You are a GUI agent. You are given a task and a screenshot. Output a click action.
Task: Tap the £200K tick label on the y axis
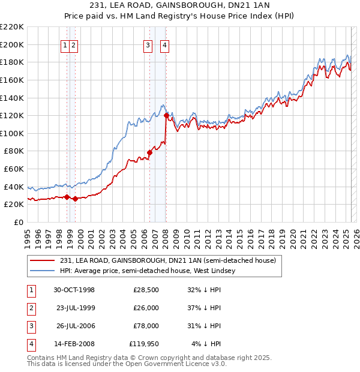tap(12, 44)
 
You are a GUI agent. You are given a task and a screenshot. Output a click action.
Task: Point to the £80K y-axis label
tap(14, 151)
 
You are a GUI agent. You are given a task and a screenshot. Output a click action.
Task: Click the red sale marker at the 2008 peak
tap(166, 115)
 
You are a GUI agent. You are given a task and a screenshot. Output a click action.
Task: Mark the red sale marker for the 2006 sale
tap(149, 152)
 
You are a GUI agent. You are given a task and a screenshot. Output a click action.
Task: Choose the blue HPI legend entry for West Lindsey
tap(148, 271)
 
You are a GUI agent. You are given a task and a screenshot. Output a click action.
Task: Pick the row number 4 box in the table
tap(30, 344)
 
